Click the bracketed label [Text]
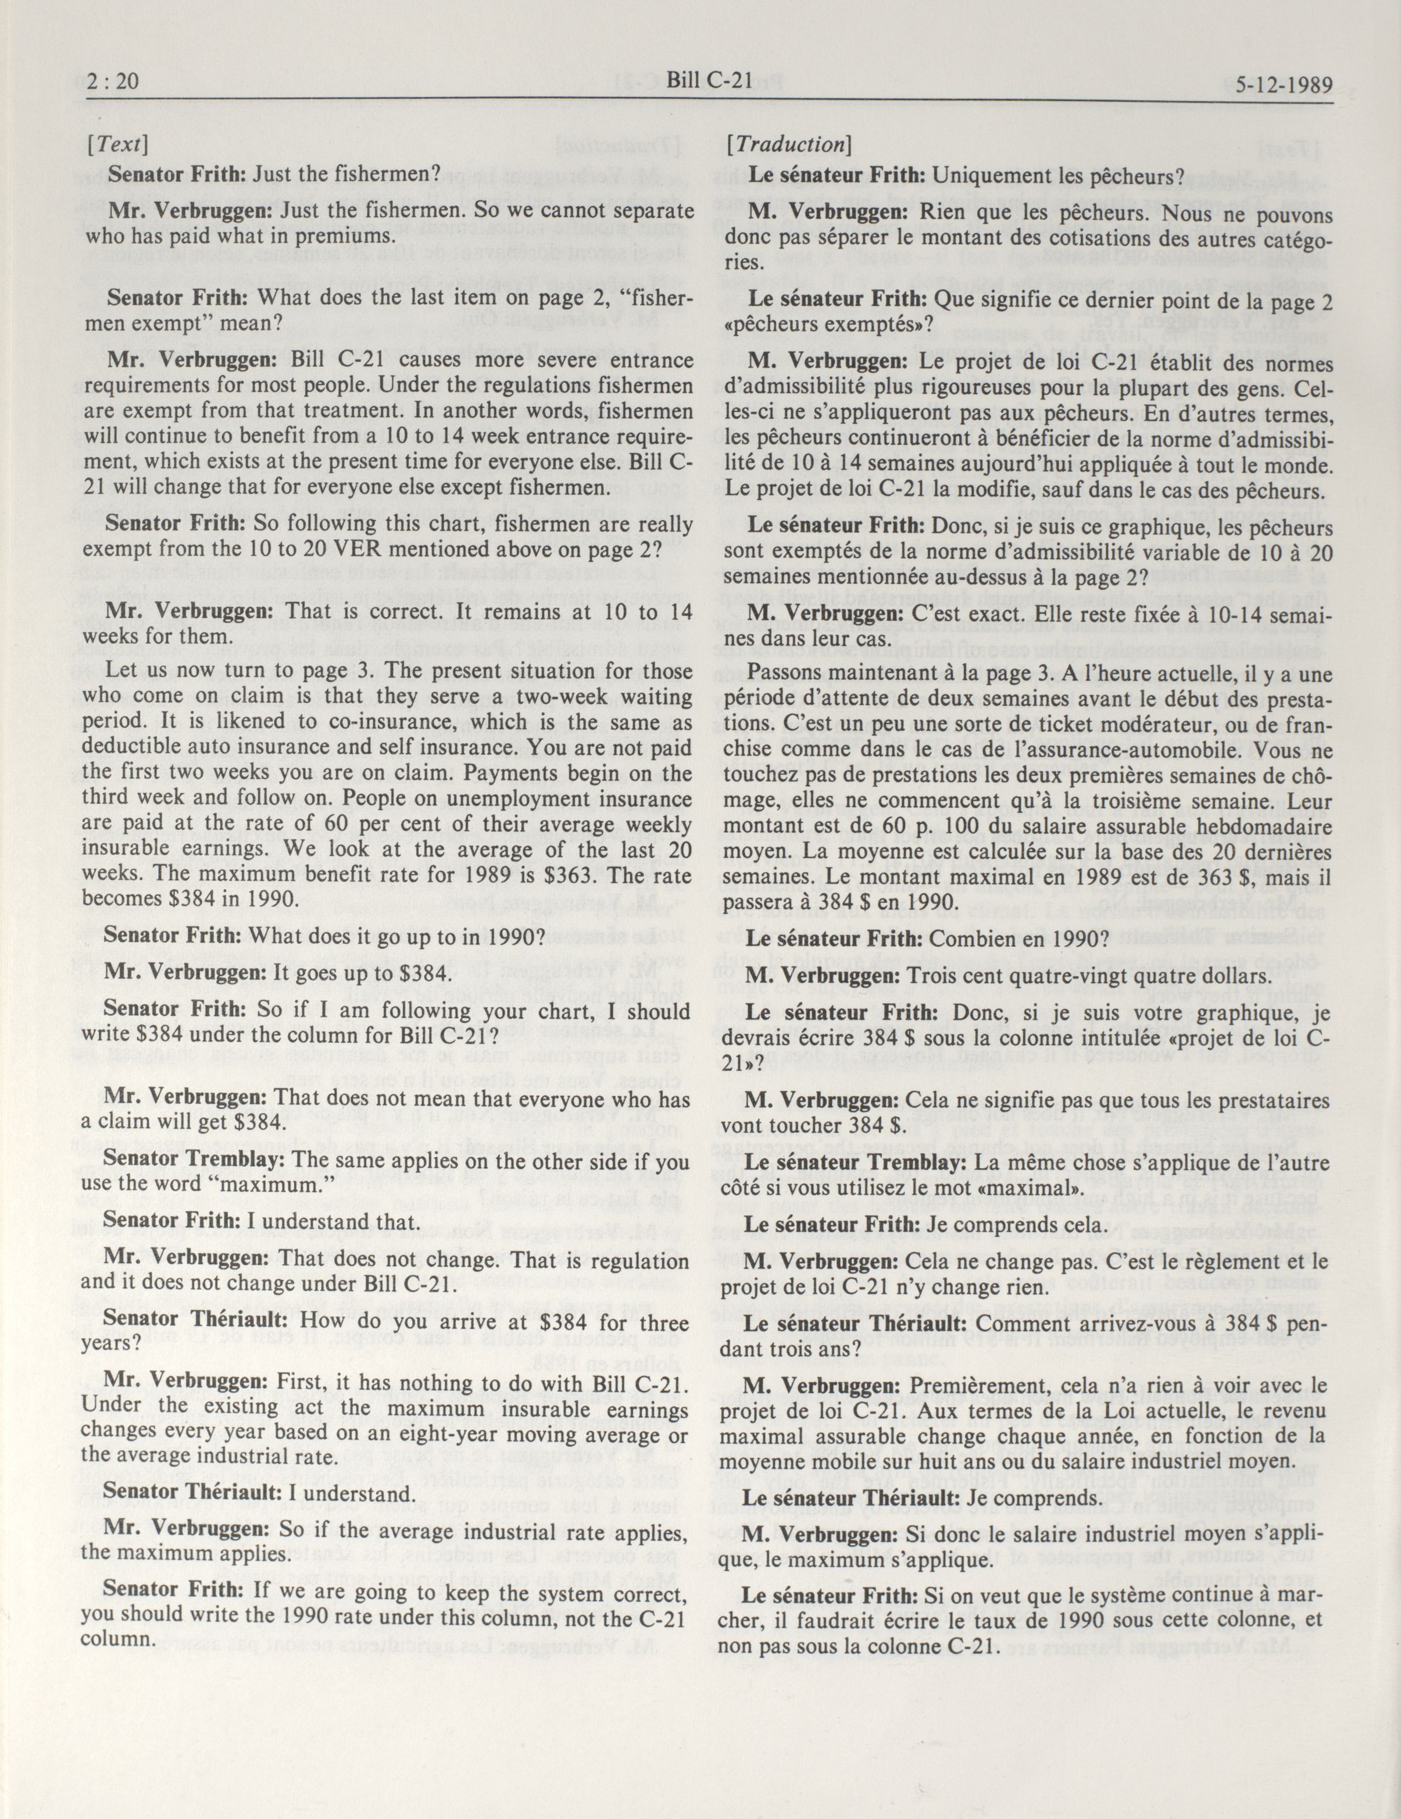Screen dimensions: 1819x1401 (116, 145)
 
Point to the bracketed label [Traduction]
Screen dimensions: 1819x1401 (787, 144)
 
